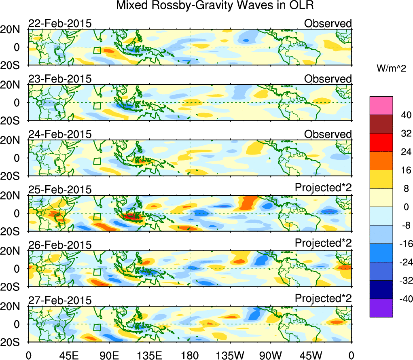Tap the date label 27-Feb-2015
pyautogui.click(x=60, y=300)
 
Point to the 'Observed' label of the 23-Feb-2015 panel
pyautogui.click(x=328, y=79)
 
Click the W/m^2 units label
pyautogui.click(x=391, y=69)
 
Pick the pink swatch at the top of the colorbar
pyautogui.click(x=381, y=106)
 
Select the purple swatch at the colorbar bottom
pyautogui.click(x=381, y=308)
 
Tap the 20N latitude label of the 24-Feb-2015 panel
pyautogui.click(x=14, y=140)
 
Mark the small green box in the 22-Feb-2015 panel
pyautogui.click(x=97, y=51)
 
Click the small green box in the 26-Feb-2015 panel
pyautogui.click(x=97, y=272)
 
